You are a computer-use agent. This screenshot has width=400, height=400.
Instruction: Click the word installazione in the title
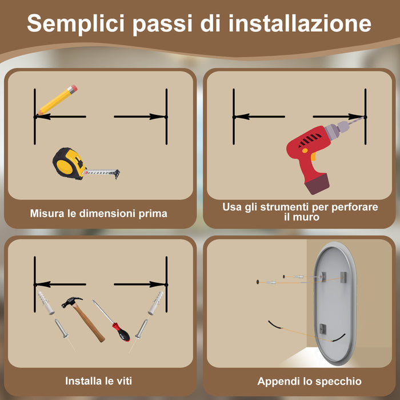click(x=300, y=24)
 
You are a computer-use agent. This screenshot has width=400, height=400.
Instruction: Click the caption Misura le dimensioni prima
click(x=99, y=214)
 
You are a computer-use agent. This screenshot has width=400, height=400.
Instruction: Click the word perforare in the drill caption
click(x=353, y=207)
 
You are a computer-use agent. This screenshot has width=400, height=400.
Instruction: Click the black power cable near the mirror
click(x=277, y=327)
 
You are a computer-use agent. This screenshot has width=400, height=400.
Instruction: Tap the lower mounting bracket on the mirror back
click(x=323, y=329)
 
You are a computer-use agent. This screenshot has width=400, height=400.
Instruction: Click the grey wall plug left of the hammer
click(x=45, y=302)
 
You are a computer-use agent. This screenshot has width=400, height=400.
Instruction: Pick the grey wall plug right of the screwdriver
click(x=155, y=303)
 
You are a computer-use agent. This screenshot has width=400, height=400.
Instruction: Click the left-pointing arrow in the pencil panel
click(x=60, y=117)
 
